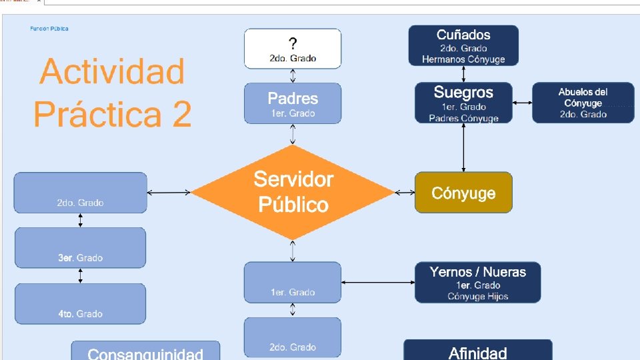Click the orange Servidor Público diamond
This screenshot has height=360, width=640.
point(293,192)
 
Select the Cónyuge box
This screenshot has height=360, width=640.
point(463,193)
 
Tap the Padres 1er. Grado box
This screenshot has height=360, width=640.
point(293,103)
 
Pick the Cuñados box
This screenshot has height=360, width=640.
point(463,45)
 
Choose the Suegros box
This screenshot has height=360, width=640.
point(463,103)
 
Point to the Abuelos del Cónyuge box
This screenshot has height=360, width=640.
point(583,103)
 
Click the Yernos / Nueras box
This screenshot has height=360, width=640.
point(477,283)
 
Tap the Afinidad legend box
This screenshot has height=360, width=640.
point(477,351)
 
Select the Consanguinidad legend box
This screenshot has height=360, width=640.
point(145,351)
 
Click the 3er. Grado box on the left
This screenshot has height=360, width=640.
point(80,247)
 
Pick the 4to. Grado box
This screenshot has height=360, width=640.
point(80,303)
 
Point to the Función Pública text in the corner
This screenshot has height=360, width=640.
point(49,29)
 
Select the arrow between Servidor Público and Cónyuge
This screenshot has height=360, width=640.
point(405,193)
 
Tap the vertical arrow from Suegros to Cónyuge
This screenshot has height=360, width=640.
point(464,147)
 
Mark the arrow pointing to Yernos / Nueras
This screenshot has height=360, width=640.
point(377,283)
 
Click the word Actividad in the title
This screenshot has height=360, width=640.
point(112,71)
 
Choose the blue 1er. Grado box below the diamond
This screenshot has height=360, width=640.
point(293,282)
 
